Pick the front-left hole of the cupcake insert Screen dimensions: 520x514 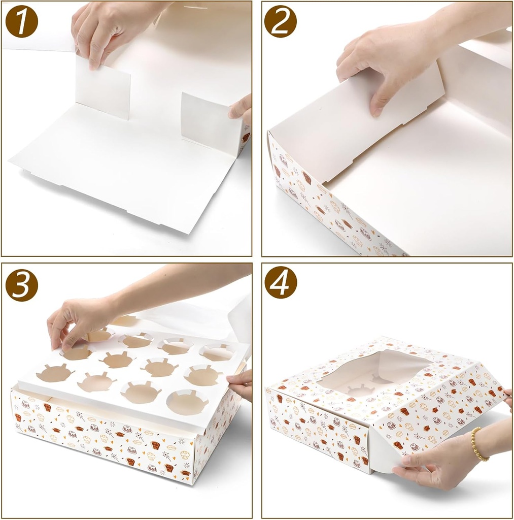(x=54, y=373)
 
